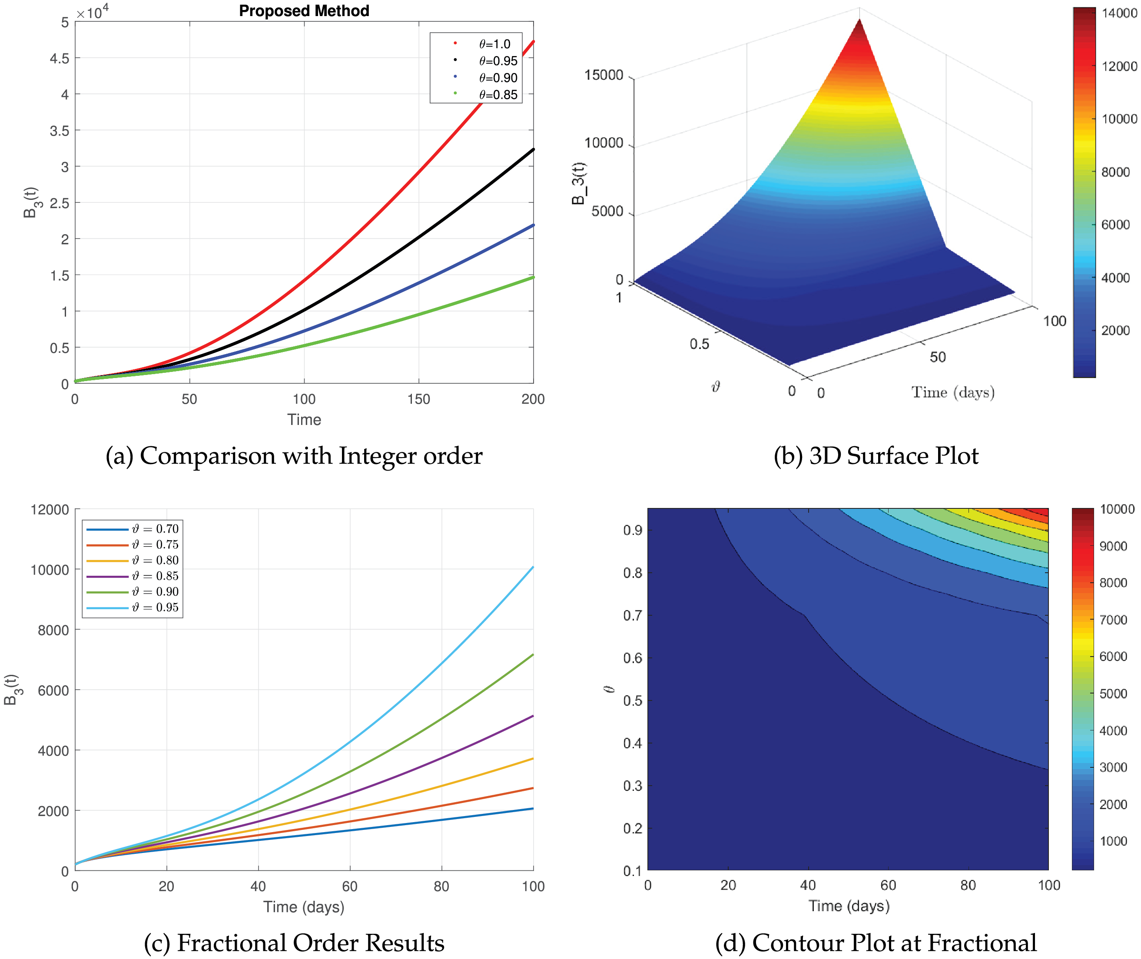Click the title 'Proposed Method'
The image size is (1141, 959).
coord(304,11)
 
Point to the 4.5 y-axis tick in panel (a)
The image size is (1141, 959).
coord(60,58)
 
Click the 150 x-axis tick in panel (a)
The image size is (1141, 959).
coord(418,399)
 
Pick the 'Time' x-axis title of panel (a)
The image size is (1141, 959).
coord(304,420)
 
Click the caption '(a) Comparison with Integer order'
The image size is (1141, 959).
coord(294,455)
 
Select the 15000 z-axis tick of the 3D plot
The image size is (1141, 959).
coord(604,75)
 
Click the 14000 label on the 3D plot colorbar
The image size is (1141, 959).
coord(1119,13)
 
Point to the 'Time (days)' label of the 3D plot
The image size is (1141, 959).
coord(953,392)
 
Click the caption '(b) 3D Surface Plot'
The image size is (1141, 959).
coord(876,455)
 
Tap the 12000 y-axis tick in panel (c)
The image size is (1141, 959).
coord(50,509)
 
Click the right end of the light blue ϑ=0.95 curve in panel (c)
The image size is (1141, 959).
coord(532,567)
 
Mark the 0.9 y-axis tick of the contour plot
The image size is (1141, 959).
coord(632,530)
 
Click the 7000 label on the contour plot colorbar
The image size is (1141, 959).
coord(1113,619)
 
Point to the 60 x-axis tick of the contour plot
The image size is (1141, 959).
coord(888,886)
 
